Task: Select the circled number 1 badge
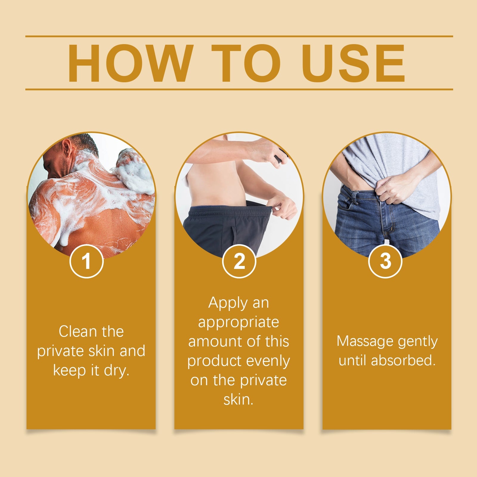point(86,261)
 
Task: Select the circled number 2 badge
point(239,261)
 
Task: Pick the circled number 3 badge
point(385,261)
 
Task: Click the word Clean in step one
point(74,332)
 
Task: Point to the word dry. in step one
point(117,371)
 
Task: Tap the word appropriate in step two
point(238,323)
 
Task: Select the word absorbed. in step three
point(404,361)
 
